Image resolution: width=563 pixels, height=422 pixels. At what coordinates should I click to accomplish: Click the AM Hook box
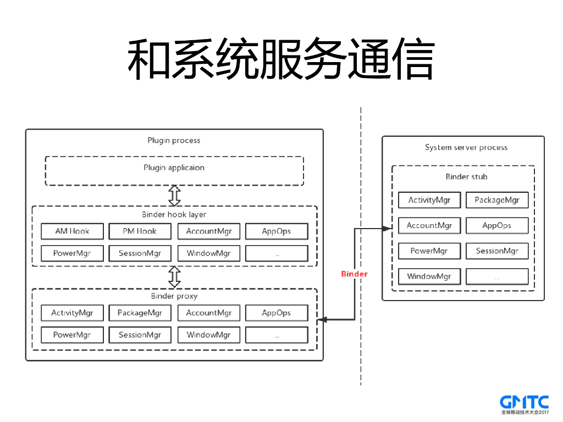point(72,231)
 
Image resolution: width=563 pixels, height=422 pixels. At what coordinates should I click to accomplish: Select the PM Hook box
point(140,231)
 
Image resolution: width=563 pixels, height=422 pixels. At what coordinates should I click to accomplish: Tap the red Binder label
point(354,274)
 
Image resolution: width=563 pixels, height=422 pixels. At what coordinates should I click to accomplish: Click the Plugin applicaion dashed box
point(174,171)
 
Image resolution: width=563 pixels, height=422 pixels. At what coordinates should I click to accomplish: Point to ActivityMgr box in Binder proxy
point(72,313)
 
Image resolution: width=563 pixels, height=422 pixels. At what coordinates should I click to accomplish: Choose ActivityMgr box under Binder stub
point(429,200)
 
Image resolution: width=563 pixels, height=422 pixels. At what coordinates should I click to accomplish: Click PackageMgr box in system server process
point(496,200)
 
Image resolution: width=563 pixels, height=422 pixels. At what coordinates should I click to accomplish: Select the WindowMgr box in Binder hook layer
point(208,253)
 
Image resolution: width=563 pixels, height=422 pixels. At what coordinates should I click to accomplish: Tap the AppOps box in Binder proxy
point(276,313)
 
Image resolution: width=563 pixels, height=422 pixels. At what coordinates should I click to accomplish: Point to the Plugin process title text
point(174,141)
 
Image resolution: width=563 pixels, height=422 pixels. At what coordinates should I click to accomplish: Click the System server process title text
point(466,147)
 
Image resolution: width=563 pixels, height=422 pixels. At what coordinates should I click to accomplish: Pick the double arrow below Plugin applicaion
point(174,195)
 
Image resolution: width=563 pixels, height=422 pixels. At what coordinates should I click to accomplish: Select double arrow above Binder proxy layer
point(174,277)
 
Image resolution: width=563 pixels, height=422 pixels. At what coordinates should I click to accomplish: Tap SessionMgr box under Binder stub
point(496,251)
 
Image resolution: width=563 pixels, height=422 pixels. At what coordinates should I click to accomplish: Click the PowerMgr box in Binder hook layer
point(72,253)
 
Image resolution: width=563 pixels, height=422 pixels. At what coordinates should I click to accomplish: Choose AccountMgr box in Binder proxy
point(208,313)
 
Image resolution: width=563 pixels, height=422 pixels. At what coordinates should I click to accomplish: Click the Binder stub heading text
point(466,177)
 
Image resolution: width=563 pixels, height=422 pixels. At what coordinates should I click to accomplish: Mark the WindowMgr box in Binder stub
point(429,276)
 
